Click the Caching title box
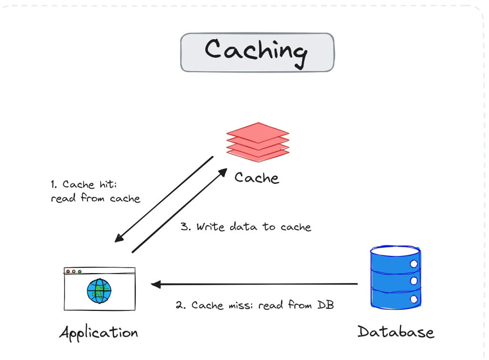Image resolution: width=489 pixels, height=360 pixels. [257, 52]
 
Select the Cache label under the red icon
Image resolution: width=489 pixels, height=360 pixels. [256, 178]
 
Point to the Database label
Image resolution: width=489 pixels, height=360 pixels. [396, 332]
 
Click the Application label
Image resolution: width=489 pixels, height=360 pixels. [98, 333]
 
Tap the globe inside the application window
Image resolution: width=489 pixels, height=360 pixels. [99, 291]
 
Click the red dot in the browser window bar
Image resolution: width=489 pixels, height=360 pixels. [68, 271]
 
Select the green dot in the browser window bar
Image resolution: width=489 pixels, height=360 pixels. [79, 271]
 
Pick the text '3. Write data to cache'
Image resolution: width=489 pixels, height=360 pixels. [246, 227]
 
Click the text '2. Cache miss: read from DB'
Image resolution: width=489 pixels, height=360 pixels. [255, 305]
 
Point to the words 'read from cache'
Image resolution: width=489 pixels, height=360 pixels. [96, 198]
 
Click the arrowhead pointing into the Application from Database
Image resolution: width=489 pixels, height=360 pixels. [155, 285]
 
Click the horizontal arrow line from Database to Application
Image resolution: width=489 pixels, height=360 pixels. [258, 285]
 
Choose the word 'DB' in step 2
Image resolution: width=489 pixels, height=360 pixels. [325, 305]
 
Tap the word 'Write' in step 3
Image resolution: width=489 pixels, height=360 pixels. [211, 227]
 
